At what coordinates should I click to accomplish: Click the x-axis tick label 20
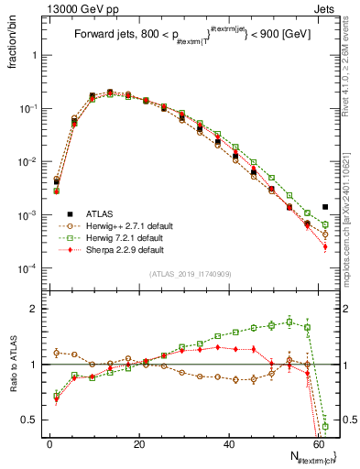point(138,442)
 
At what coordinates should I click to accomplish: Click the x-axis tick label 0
point(49,442)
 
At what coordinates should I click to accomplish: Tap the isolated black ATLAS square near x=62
point(325,207)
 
